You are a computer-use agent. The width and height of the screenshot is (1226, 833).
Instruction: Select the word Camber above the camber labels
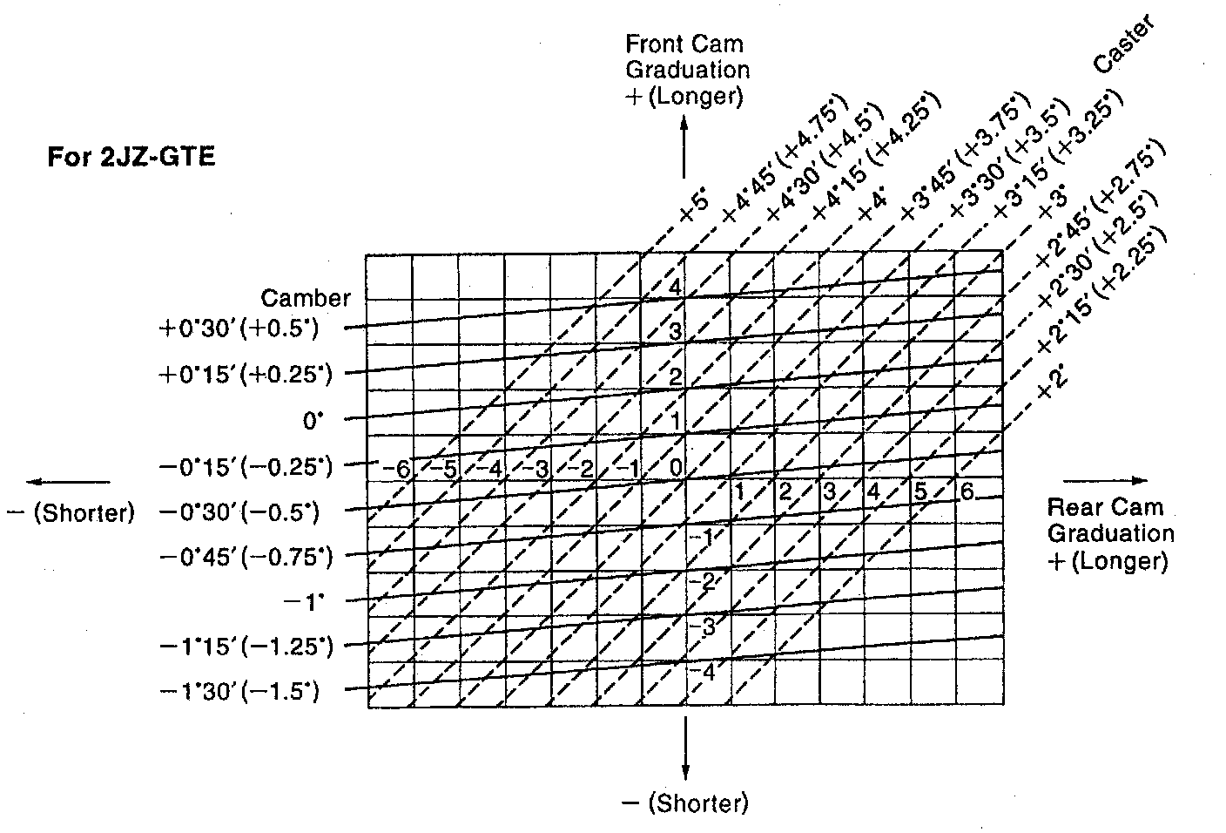tap(306, 298)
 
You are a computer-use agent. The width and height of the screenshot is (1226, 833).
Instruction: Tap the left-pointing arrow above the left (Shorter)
tap(68, 481)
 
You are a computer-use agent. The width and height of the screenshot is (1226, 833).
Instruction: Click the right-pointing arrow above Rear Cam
tap(1104, 480)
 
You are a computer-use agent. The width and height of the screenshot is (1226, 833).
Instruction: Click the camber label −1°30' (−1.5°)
tap(239, 692)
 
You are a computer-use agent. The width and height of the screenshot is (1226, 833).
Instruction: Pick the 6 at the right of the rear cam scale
tap(966, 491)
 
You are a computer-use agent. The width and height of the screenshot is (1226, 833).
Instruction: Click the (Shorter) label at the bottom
tap(685, 803)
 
